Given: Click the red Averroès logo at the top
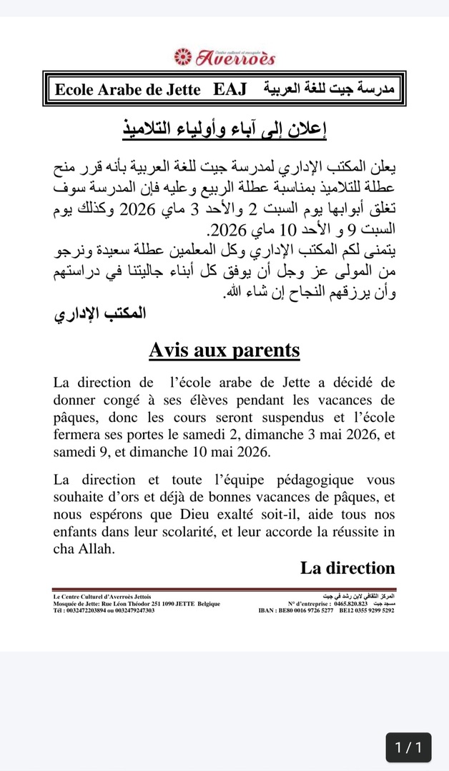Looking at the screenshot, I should point(224,56).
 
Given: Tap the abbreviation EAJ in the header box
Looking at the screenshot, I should point(230,90).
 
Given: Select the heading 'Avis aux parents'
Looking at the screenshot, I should point(224,351).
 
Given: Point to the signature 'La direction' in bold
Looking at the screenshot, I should point(347,568).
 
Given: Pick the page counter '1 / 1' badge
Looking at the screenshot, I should point(408,747).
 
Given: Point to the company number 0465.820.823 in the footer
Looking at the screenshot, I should point(347,603).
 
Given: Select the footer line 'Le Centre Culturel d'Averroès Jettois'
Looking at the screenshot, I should point(102,596).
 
